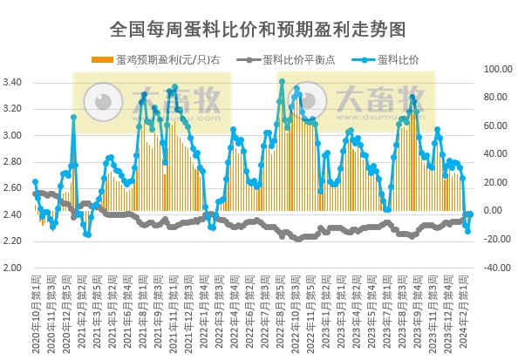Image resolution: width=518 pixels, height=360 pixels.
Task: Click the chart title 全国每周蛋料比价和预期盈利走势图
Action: (x=258, y=30)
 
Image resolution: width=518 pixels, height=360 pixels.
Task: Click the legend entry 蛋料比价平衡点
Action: (x=295, y=60)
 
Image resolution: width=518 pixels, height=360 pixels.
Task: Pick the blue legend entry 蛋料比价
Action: (x=394, y=60)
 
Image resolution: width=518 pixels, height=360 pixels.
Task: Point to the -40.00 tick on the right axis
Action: (x=494, y=268)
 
